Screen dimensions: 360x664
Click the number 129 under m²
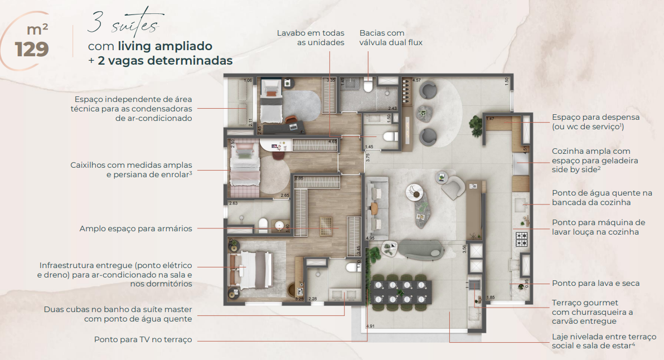point(32,49)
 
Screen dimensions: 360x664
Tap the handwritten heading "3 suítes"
point(123,25)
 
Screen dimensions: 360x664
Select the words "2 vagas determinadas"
point(164,61)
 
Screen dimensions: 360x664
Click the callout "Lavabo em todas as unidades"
point(311,38)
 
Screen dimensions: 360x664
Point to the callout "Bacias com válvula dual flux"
point(391,38)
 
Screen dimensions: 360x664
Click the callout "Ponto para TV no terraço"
point(143,339)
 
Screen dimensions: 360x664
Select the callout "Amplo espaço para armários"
point(135,228)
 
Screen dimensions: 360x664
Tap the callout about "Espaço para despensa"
point(595,122)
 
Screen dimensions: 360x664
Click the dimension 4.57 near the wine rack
point(416,81)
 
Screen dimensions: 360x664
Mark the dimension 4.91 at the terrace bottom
point(370,326)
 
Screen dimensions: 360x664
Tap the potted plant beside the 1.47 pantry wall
point(475,122)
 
